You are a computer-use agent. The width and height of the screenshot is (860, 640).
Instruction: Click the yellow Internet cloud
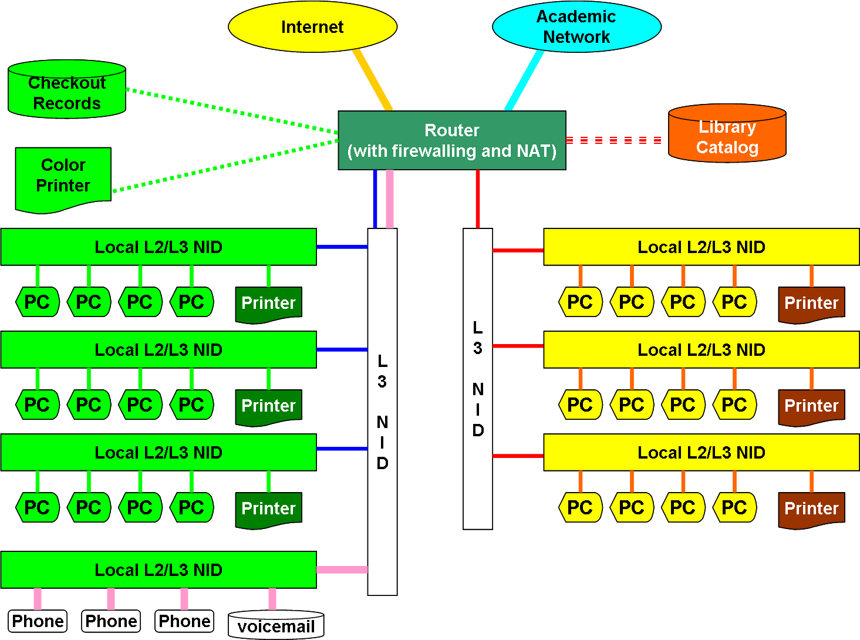click(x=312, y=27)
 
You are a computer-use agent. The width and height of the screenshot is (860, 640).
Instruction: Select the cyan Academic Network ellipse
click(x=576, y=27)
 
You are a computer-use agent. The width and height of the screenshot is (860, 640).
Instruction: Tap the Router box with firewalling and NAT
click(x=452, y=140)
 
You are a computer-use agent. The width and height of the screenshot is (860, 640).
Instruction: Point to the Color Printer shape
click(x=63, y=177)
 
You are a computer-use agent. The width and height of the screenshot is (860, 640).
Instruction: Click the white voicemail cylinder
click(x=276, y=625)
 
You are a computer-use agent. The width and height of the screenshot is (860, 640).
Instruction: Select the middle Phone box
click(x=111, y=621)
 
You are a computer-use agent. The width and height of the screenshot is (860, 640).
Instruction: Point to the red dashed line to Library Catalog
click(x=613, y=140)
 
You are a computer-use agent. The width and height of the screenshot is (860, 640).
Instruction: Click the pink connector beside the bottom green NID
click(x=342, y=570)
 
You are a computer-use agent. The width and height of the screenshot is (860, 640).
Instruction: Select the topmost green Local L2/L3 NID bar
click(x=158, y=247)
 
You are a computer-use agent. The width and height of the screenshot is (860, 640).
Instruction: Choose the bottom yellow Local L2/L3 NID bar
click(x=701, y=453)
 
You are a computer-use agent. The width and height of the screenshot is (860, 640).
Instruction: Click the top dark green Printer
click(x=268, y=304)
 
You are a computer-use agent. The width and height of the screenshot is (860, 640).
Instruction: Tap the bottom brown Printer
click(x=811, y=508)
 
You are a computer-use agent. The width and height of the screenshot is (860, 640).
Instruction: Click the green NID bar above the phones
click(x=158, y=570)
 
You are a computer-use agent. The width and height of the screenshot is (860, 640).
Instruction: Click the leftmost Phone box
click(x=38, y=621)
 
